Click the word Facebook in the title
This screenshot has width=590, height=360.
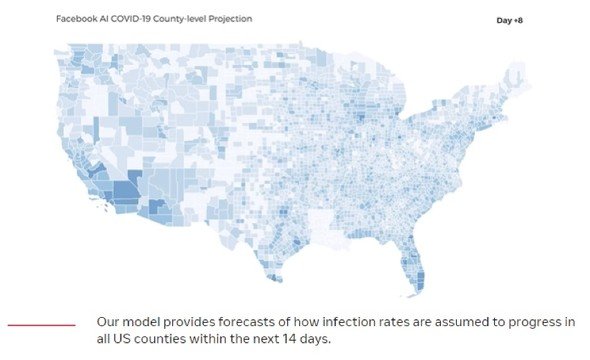tap(76, 19)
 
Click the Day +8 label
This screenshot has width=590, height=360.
tap(509, 20)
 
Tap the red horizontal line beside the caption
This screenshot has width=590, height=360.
tap(41, 325)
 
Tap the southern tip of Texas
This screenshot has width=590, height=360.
tap(278, 280)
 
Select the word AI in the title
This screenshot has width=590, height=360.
tap(104, 19)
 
